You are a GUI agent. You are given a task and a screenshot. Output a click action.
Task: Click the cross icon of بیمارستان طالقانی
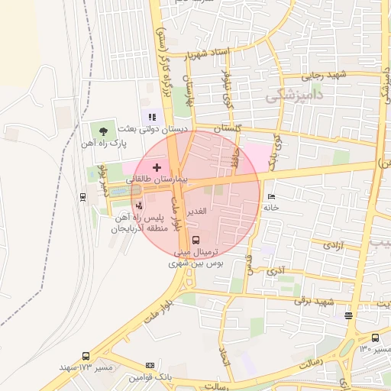[157, 167]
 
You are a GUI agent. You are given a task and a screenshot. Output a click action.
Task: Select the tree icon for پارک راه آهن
[103, 131]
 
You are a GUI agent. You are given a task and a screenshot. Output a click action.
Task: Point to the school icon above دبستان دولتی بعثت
[153, 118]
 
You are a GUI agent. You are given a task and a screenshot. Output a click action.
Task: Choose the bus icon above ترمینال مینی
[198, 239]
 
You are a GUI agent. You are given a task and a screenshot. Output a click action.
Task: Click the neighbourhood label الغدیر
[197, 210]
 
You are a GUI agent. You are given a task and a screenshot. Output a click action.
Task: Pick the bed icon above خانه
[270, 197]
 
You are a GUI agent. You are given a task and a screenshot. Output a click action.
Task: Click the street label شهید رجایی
[324, 74]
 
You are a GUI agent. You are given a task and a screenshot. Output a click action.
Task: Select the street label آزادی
[333, 245]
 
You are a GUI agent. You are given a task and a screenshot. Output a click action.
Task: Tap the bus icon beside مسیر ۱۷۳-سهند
[86, 356]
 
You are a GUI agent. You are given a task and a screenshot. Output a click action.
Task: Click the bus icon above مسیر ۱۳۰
[375, 338]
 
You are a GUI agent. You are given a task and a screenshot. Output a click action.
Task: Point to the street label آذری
[278, 270]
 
